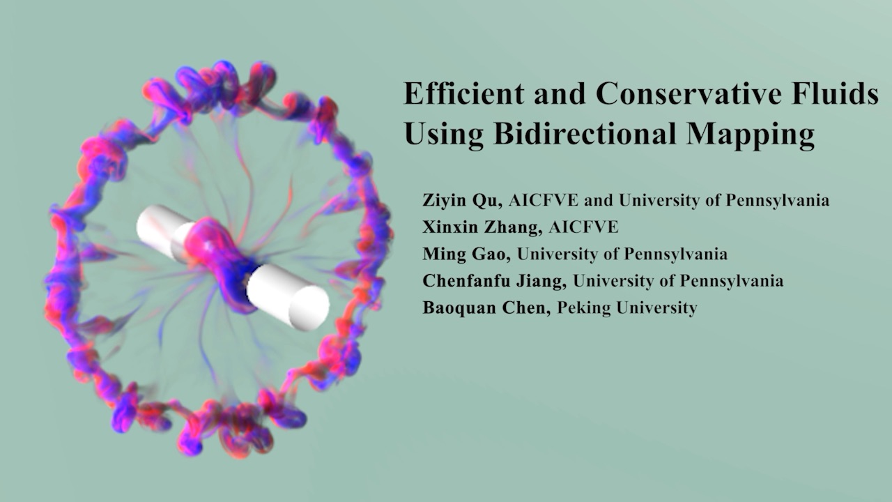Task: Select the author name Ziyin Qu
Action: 461,200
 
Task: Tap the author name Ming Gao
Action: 466,254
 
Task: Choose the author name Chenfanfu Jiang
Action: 494,281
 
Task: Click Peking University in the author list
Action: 627,308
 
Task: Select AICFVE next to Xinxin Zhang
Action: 583,227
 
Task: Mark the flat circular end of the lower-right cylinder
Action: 309,307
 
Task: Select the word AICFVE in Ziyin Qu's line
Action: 543,200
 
